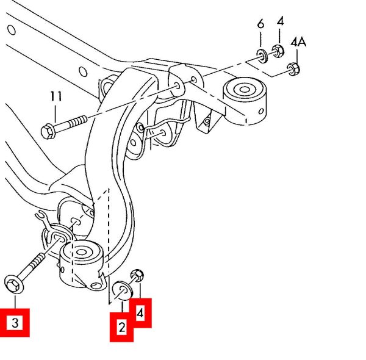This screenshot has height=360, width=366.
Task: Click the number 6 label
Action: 260,24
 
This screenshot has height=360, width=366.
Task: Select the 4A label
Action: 298,43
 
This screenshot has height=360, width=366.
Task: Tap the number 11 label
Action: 56,96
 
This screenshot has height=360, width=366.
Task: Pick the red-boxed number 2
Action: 121,328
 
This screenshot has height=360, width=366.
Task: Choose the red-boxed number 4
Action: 141,314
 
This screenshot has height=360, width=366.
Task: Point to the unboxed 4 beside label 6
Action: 280,22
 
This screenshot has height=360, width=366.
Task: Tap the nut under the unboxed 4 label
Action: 276,51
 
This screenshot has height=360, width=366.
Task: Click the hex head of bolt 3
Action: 12,283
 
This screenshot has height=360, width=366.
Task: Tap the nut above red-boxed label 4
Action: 137,275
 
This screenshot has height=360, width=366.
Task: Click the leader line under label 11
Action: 56,112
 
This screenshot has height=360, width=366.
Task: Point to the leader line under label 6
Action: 260,39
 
